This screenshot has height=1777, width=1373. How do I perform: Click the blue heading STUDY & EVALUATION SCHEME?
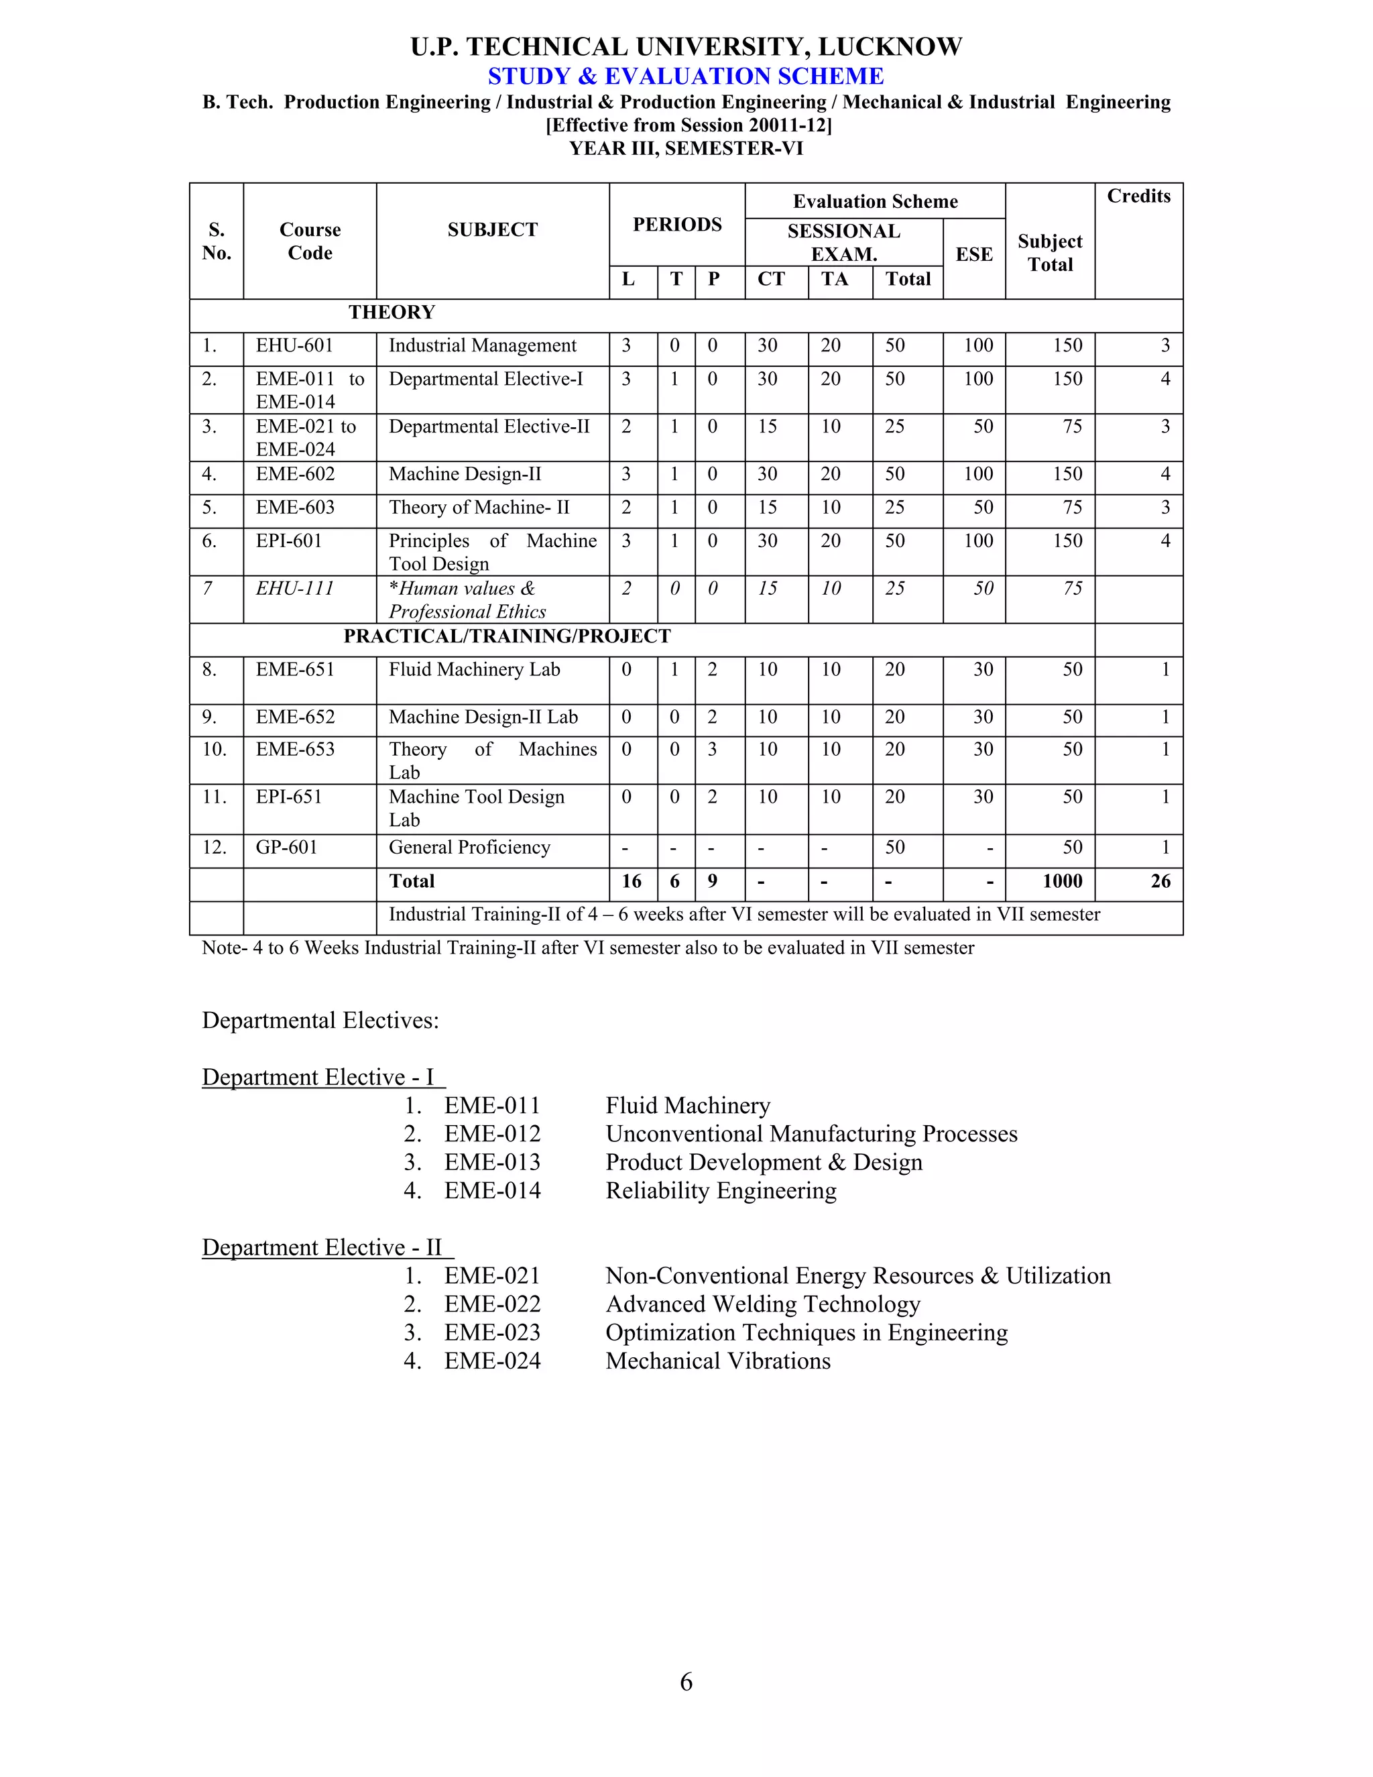686,76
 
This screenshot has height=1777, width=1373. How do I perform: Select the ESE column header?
973,255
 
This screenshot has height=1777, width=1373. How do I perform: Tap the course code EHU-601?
294,346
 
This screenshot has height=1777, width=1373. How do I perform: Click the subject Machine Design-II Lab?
483,717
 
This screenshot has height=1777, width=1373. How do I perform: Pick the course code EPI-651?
289,797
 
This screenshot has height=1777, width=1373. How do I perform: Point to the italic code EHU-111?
294,588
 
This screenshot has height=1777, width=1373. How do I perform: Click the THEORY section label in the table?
392,312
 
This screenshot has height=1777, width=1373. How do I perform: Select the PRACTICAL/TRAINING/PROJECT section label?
507,636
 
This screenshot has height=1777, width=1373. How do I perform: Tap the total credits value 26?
1160,881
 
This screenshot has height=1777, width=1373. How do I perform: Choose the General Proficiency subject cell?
469,848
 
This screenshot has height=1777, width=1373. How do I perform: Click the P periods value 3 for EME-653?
712,750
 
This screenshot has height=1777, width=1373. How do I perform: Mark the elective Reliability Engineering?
721,1190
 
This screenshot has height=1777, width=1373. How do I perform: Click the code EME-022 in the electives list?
492,1304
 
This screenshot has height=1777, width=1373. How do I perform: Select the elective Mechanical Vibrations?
717,1361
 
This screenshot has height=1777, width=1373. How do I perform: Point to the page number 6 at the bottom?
686,1682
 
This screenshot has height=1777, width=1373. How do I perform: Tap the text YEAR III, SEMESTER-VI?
686,148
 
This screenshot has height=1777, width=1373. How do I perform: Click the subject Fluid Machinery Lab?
474,670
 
